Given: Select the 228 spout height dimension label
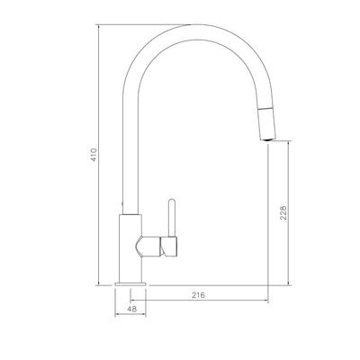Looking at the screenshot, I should tap(283, 213).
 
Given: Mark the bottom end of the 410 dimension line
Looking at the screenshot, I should tap(98, 287).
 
